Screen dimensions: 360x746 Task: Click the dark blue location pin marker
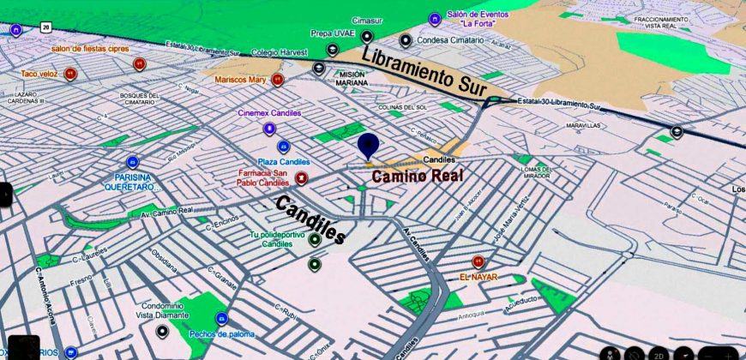(368, 146)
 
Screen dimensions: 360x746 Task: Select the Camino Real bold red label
(416, 176)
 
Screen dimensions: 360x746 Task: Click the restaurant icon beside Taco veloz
(71, 75)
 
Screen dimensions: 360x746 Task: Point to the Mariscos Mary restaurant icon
(277, 80)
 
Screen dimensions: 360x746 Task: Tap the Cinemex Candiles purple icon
(270, 129)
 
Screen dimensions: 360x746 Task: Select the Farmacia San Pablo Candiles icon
(301, 177)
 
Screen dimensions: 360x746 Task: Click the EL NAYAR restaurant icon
(478, 262)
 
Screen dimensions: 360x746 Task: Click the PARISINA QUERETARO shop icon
(132, 162)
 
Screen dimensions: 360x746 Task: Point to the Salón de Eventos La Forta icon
(435, 18)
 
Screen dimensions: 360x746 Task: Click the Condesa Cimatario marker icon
(405, 39)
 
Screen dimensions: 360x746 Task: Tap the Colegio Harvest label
(280, 52)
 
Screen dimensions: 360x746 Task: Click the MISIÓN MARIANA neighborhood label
(353, 78)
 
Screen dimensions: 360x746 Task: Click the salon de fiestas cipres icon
(139, 63)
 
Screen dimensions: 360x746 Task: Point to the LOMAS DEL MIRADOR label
(540, 173)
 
